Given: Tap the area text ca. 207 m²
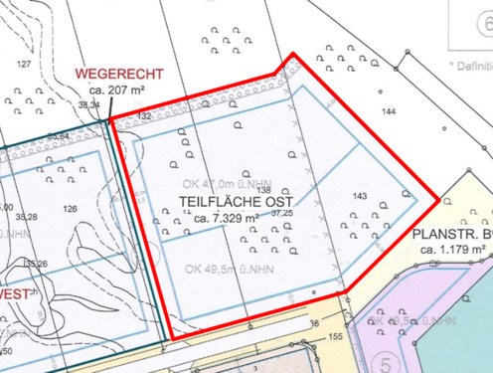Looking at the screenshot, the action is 114,90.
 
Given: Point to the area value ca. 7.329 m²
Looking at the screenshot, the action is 227,217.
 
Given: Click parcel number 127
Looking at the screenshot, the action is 24,64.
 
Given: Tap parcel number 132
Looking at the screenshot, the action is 144,116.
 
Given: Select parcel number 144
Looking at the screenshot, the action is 389,111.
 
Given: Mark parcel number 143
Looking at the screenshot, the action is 360,195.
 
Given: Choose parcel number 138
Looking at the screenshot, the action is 264,190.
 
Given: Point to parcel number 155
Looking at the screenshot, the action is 334,338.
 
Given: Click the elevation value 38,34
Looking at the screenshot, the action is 89,103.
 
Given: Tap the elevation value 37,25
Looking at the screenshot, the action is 282,213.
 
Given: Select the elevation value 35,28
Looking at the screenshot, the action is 26,216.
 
